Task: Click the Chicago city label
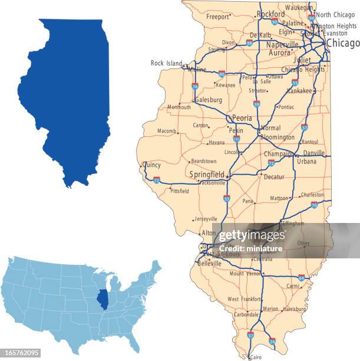pyautogui.click(x=342, y=44)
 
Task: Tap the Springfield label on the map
pyautogui.click(x=206, y=175)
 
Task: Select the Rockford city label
pyautogui.click(x=270, y=14)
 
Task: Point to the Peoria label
pyautogui.click(x=242, y=118)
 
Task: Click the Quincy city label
pyautogui.click(x=151, y=165)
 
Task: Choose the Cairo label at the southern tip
pyautogui.click(x=255, y=357)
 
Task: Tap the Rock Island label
pyautogui.click(x=166, y=63)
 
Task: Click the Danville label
pyautogui.click(x=313, y=153)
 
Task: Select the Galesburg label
pyautogui.click(x=209, y=100)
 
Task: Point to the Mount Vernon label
pyautogui.click(x=245, y=274)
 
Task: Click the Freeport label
pyautogui.click(x=217, y=17)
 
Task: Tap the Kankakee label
pyautogui.click(x=299, y=91)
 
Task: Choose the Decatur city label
pyautogui.click(x=273, y=177)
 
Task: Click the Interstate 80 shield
pyautogui.click(x=222, y=74)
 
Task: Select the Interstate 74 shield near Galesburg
pyautogui.click(x=194, y=86)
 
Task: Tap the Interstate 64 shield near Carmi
pyautogui.click(x=301, y=277)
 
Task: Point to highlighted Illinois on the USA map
pyautogui.click(x=103, y=300)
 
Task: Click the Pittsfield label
pyautogui.click(x=179, y=191)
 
